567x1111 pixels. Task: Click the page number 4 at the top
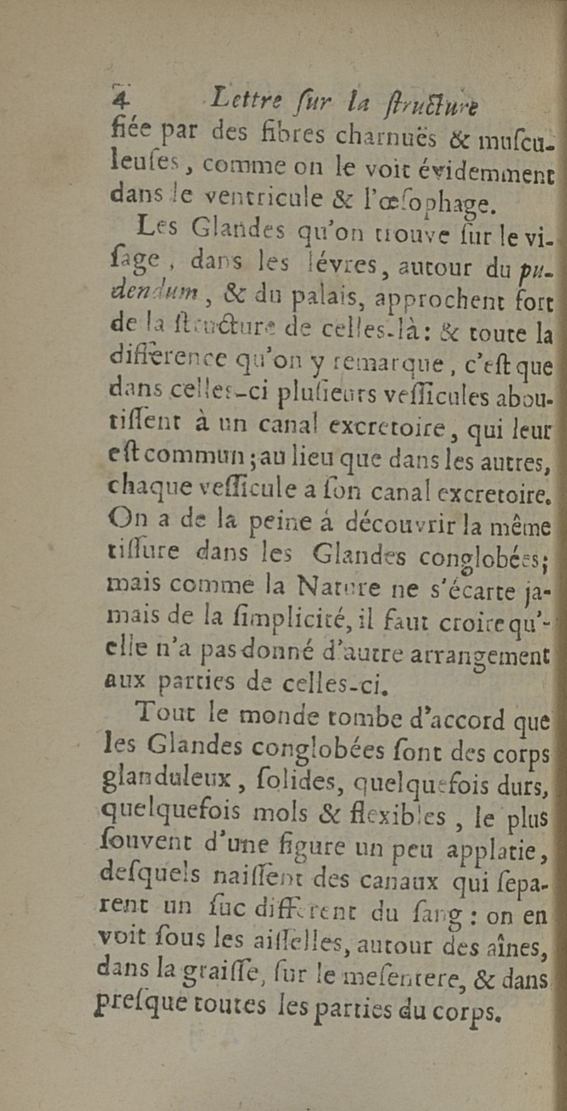pyautogui.click(x=120, y=98)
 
